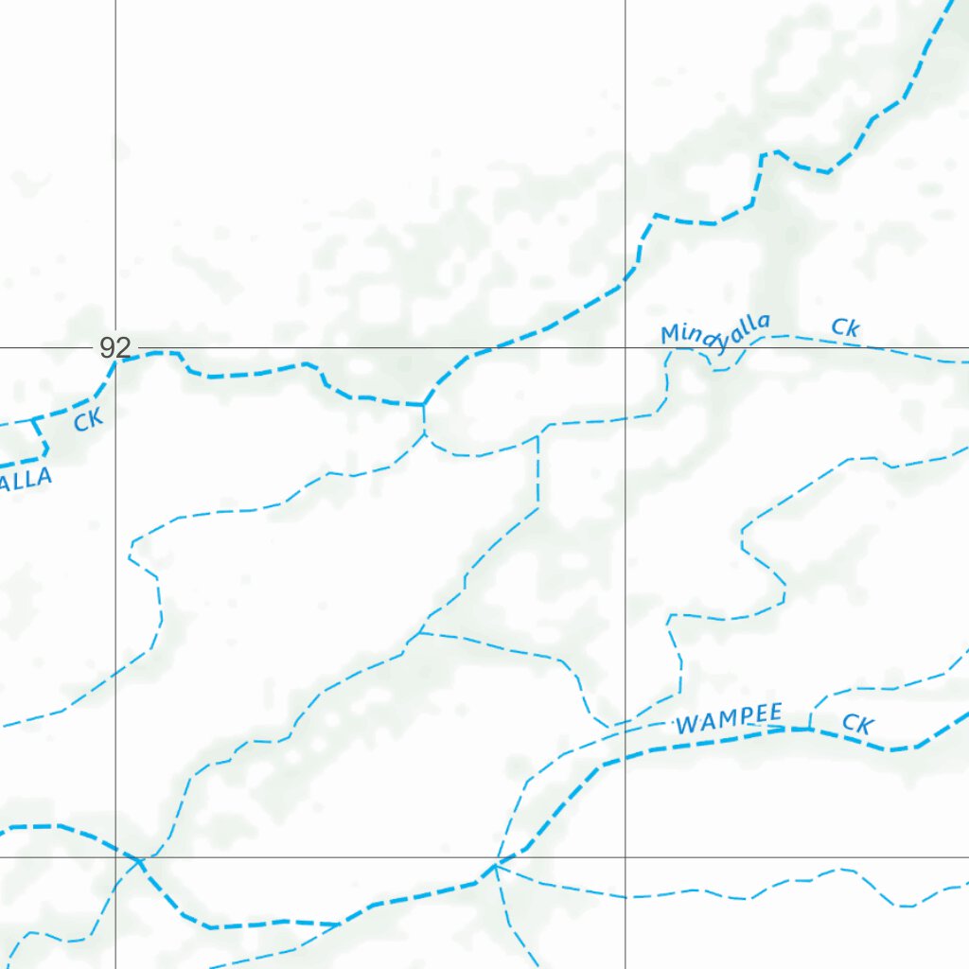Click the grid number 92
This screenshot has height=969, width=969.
pyautogui.click(x=115, y=347)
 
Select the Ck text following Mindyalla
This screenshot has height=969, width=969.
pyautogui.click(x=845, y=327)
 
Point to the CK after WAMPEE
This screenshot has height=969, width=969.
pyautogui.click(x=857, y=725)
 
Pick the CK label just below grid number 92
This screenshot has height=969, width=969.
pyautogui.click(x=88, y=419)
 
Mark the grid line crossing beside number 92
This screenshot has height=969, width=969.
pyautogui.click(x=115, y=347)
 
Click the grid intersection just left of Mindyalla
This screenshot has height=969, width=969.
pyautogui.click(x=625, y=347)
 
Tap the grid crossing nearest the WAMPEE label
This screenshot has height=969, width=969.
pyautogui.click(x=625, y=857)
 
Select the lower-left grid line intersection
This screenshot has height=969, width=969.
pyautogui.click(x=115, y=857)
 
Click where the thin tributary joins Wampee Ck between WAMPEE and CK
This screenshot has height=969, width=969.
pyautogui.click(x=810, y=729)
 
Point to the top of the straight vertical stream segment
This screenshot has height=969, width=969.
pyautogui.click(x=537, y=436)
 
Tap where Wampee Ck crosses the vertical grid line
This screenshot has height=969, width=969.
pyautogui.click(x=625, y=754)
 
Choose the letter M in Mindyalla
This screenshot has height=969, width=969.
pyautogui.click(x=670, y=335)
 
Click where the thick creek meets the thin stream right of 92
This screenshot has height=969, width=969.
pyautogui.click(x=423, y=405)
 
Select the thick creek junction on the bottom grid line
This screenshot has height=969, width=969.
pyautogui.click(x=496, y=862)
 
